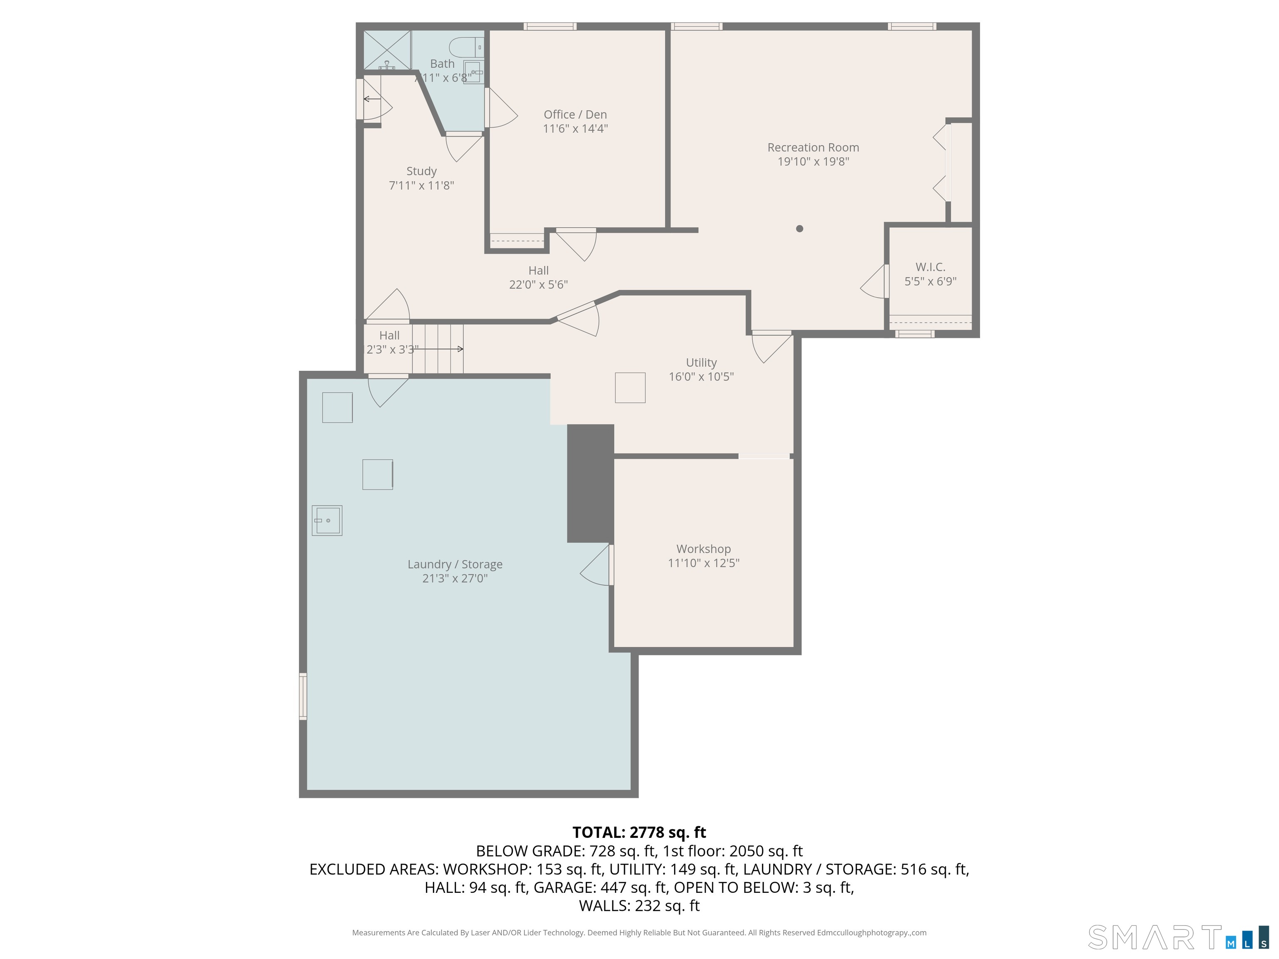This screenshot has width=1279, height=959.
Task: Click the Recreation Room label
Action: click(813, 147)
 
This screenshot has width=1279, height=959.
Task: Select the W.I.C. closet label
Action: click(931, 267)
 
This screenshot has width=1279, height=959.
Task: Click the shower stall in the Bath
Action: click(387, 50)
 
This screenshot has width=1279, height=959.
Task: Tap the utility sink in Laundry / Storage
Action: click(327, 520)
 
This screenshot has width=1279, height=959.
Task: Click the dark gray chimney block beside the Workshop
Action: click(590, 483)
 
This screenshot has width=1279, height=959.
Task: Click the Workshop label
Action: click(703, 549)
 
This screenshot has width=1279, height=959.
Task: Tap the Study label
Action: click(421, 171)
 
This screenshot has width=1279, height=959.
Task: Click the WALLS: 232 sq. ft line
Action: click(639, 905)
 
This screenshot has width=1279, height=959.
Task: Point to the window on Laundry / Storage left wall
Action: click(302, 696)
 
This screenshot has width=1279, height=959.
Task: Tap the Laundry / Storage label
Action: click(455, 564)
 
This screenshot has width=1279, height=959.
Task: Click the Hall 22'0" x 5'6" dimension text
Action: click(538, 284)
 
